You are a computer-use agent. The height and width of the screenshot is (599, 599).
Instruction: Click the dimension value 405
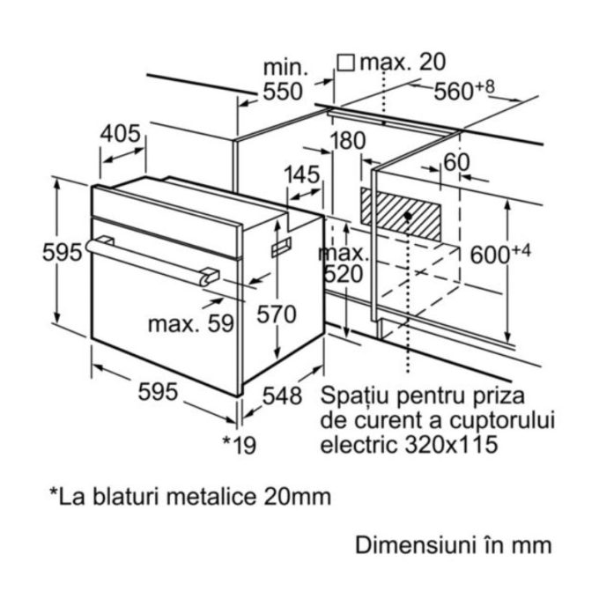coord(121,134)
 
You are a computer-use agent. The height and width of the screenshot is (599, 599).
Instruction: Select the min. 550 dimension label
coord(284,80)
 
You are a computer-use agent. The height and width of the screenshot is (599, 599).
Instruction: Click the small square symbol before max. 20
coord(346,63)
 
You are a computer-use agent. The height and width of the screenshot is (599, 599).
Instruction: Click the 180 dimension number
coord(349,141)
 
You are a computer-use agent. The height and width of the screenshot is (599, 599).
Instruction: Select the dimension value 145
coord(302,174)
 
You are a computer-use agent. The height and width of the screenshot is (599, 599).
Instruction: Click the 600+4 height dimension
coord(499,255)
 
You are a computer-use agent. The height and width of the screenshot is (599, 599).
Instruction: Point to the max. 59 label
coord(190,323)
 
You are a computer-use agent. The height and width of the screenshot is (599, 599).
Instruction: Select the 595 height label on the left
coord(63,252)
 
